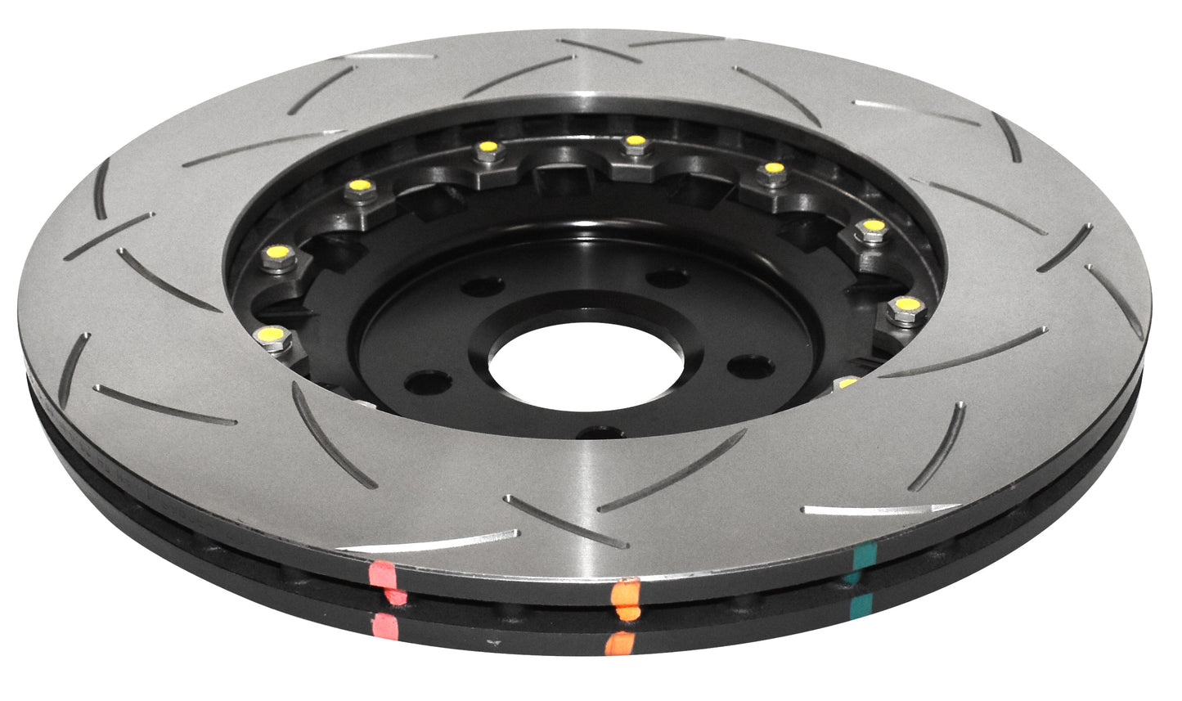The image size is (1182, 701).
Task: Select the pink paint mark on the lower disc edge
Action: (384, 626)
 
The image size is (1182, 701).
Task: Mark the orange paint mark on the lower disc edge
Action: (619, 643)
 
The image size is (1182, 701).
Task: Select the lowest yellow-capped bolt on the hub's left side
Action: (273, 335)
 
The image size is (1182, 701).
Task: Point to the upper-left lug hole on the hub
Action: (483, 285)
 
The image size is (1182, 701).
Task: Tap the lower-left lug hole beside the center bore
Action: (429, 380)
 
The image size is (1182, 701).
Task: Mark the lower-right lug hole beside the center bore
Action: (750, 366)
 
